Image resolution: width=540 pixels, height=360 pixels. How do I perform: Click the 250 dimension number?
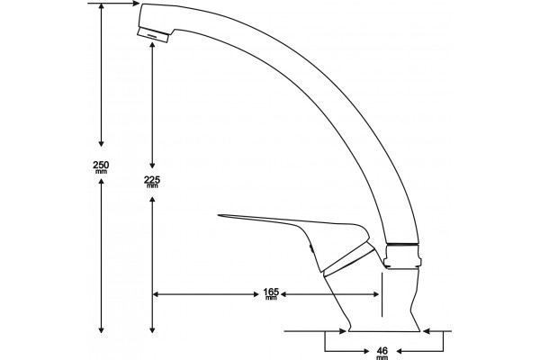click(101, 165)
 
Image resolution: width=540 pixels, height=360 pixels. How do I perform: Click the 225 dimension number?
click(152, 179)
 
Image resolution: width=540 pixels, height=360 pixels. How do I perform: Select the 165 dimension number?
click(271, 292)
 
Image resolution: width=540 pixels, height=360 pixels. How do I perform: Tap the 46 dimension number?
click(382, 351)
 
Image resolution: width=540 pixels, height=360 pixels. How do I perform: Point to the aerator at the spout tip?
click(153, 35)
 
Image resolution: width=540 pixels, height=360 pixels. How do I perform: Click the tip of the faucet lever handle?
click(219, 216)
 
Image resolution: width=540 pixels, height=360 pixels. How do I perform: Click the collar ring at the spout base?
click(403, 256)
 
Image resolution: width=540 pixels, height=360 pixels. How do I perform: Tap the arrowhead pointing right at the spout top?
click(137, 4)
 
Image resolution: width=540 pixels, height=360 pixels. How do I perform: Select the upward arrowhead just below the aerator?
click(152, 45)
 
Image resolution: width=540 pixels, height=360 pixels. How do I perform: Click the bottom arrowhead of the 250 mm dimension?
click(101, 329)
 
